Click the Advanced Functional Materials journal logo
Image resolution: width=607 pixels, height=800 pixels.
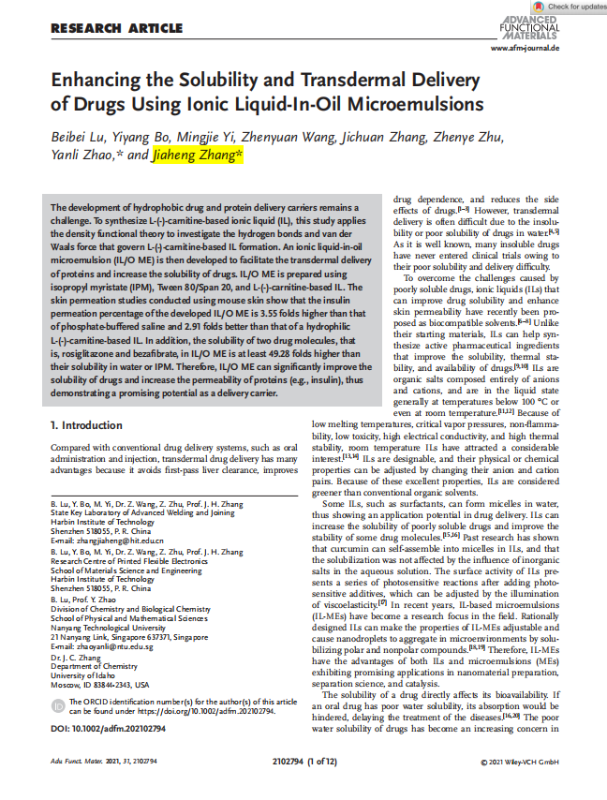[x=529, y=28]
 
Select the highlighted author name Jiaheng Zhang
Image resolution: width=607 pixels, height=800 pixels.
[x=198, y=156]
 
